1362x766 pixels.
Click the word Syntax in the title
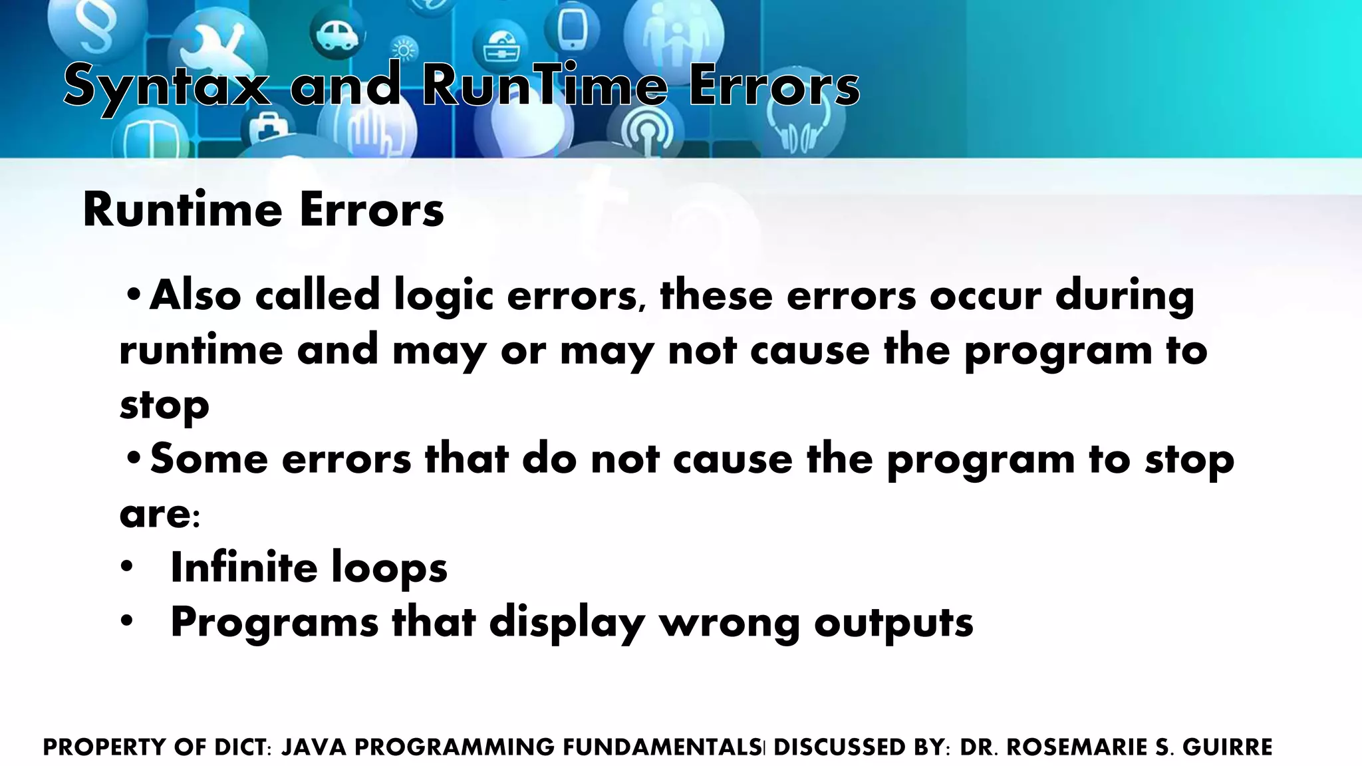pyautogui.click(x=167, y=86)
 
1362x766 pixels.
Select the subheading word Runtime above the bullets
pyautogui.click(x=182, y=209)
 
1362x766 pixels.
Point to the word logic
pyautogui.click(x=444, y=295)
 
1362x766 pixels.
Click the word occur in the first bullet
pyautogui.click(x=985, y=295)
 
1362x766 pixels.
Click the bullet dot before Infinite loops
pyautogui.click(x=127, y=567)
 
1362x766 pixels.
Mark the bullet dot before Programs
pyautogui.click(x=127, y=622)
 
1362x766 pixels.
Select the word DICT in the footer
pyautogui.click(x=240, y=747)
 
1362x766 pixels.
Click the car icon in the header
pyautogui.click(x=337, y=33)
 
